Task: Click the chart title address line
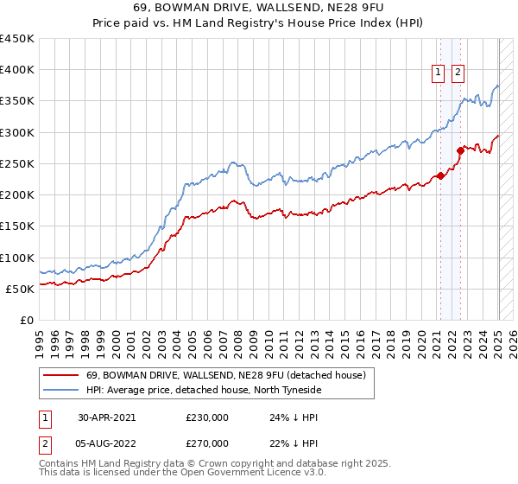coord(259,9)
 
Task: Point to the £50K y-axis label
coord(20,289)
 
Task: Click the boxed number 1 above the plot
coord(438,73)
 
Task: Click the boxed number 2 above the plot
coord(457,73)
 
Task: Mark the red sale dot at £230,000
coord(440,175)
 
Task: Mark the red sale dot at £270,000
coord(460,150)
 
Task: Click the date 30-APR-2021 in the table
coord(106,417)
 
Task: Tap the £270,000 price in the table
coord(206,443)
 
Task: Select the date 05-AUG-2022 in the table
coord(107,443)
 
